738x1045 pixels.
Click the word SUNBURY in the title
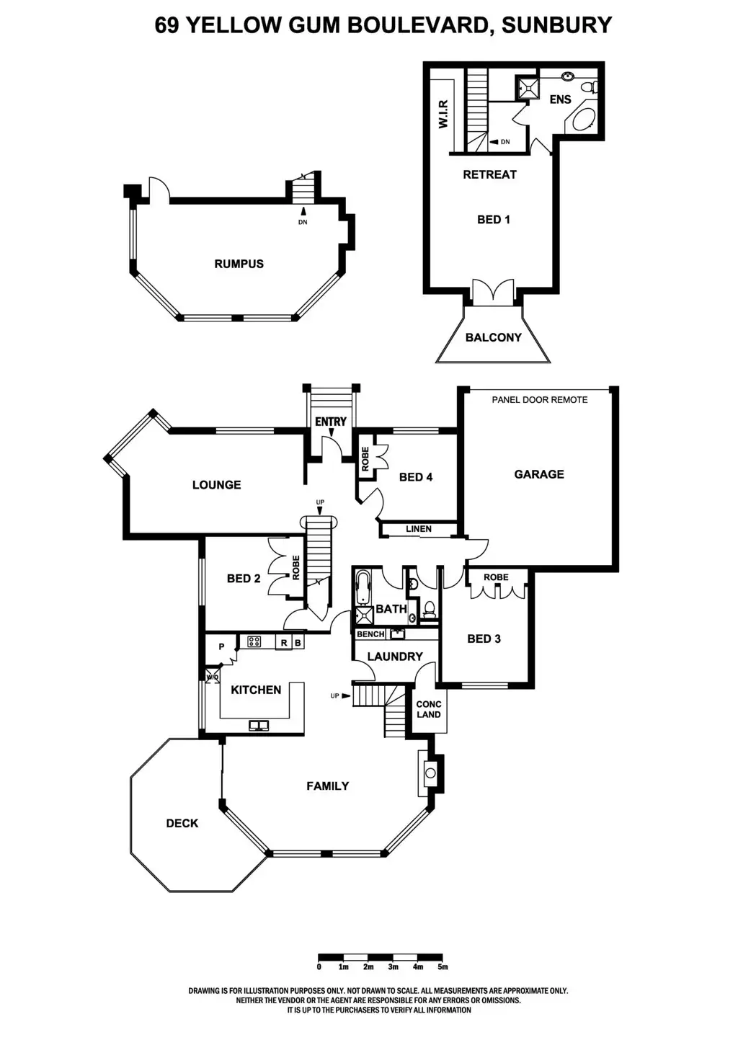click(x=556, y=25)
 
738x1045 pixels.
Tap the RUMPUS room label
click(x=239, y=264)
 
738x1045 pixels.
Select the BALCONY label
click(x=493, y=337)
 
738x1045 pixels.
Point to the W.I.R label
click(x=443, y=114)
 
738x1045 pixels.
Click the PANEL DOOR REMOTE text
click(x=539, y=399)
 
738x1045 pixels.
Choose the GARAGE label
click(x=539, y=474)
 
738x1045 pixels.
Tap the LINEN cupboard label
click(x=419, y=529)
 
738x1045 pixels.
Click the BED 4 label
click(x=416, y=477)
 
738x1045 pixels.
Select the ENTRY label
click(x=331, y=422)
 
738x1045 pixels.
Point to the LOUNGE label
click(x=216, y=485)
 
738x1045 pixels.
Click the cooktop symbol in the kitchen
click(x=254, y=641)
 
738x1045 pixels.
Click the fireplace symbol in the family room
click(x=430, y=773)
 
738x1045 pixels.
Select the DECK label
click(x=182, y=823)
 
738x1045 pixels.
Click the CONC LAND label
click(x=429, y=709)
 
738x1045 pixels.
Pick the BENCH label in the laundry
click(x=370, y=634)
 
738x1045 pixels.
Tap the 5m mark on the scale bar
click(x=443, y=966)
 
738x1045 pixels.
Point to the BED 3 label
click(x=484, y=639)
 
